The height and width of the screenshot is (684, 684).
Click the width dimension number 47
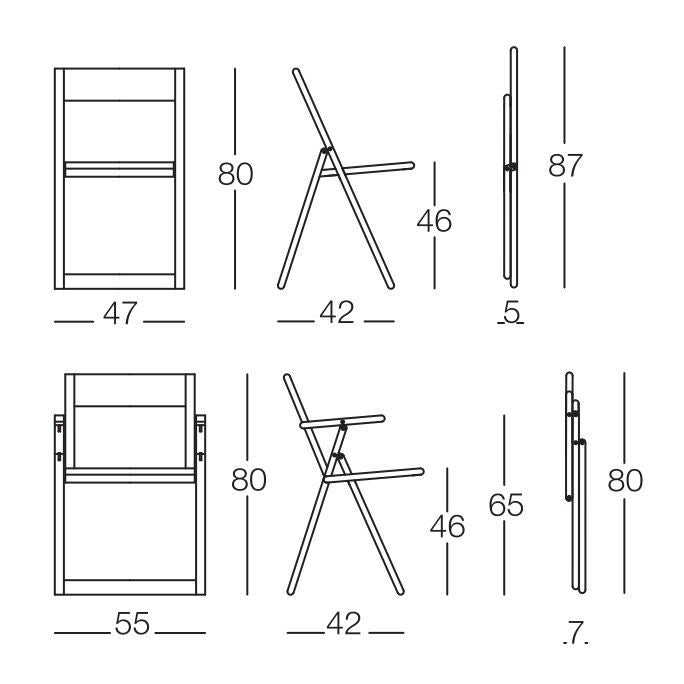120,314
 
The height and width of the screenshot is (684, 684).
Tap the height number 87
565,166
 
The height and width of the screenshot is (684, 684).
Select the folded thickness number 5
512,314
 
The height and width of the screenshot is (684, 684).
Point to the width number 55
131,625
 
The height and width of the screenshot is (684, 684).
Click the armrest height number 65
506,506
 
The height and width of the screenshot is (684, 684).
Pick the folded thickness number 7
574,632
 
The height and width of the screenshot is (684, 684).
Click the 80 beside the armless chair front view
236,174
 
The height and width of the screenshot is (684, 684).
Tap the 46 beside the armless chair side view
434,221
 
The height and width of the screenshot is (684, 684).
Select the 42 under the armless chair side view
337,314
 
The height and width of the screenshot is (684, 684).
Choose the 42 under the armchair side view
344,625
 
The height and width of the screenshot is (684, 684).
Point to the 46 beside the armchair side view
447,526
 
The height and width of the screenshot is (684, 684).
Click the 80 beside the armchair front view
249,480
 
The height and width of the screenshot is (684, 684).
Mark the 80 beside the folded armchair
625,480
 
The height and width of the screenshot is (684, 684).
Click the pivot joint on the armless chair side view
325,152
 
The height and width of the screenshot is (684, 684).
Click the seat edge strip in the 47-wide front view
120,169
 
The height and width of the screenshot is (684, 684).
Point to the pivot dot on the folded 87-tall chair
510,167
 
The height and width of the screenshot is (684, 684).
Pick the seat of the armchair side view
380,474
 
